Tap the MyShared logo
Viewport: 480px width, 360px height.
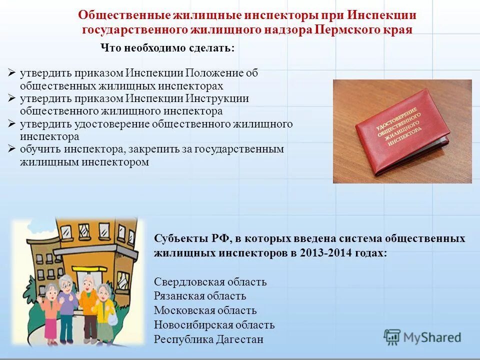tap(422, 337)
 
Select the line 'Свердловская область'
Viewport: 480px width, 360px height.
tap(210, 282)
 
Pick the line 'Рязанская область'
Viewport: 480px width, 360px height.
tap(200, 296)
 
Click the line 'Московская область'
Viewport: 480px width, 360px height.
tap(205, 311)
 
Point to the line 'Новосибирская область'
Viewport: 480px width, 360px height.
tap(214, 325)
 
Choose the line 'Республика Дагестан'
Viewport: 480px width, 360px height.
tap(208, 340)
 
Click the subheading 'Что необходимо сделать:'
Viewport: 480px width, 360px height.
tap(167, 48)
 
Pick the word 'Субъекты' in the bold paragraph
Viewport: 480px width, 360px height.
tap(179, 238)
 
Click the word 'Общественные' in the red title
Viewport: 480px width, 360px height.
tap(118, 15)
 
